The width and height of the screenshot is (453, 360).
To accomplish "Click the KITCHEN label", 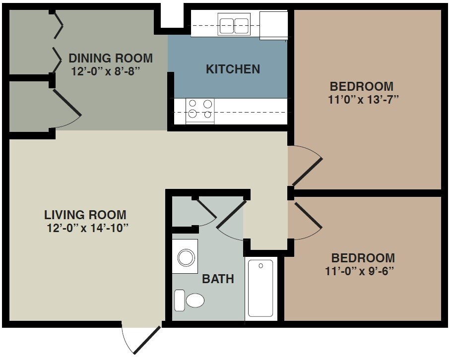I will (x=233, y=69).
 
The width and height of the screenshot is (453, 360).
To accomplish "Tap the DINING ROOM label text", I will (x=111, y=58).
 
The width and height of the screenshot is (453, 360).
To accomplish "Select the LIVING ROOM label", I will (x=85, y=215).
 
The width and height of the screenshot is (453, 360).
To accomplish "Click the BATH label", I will (x=217, y=279).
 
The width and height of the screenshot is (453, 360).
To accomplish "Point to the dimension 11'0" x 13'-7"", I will (x=364, y=98).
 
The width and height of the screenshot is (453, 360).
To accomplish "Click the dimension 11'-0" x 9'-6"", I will (x=363, y=271).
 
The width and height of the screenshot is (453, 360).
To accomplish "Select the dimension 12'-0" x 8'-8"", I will (x=103, y=70).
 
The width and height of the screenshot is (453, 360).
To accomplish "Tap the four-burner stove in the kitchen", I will (x=200, y=110).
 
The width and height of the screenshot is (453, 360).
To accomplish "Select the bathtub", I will (x=260, y=288).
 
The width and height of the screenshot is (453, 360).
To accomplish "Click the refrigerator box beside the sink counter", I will (x=273, y=24).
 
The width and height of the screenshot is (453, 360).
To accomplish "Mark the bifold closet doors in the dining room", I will (x=58, y=40).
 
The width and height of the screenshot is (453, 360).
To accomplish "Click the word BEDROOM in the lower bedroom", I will (x=363, y=258).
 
